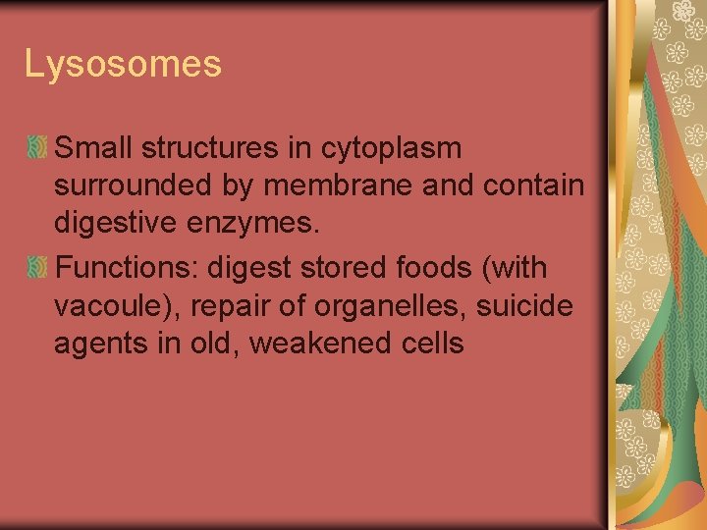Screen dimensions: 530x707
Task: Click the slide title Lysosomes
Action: [x=123, y=65]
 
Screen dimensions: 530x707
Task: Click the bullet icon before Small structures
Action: [x=37, y=148]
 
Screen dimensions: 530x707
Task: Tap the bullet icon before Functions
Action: [x=37, y=267]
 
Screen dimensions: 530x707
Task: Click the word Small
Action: [x=94, y=149]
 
